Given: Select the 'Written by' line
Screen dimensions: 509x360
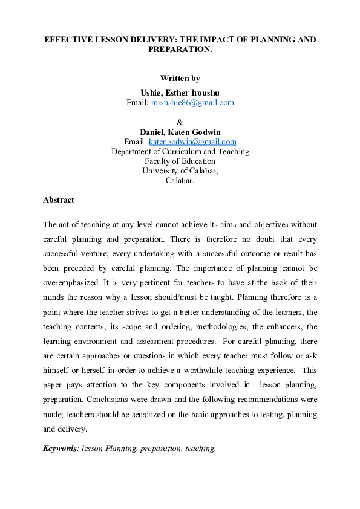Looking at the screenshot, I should click(180, 78).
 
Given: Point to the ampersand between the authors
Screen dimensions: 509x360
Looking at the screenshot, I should click(180, 122).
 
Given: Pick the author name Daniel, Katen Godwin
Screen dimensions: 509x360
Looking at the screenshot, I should click(180, 132).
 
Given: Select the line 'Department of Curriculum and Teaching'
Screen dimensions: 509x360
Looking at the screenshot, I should click(180, 152).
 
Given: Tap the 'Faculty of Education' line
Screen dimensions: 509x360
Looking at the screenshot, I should click(180, 161).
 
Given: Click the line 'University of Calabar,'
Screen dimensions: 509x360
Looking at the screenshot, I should click(180, 170).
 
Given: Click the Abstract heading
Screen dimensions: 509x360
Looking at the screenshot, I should click(58, 199).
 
